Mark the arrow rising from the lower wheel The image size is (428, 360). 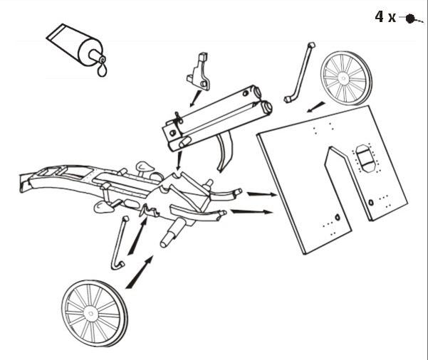(140, 272)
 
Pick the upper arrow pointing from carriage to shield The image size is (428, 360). (262, 192)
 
